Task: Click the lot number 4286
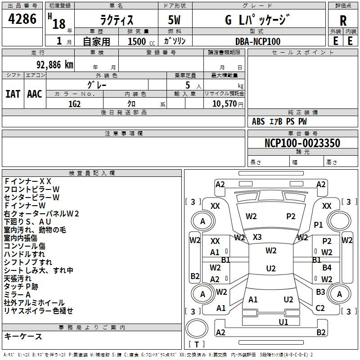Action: click(x=22, y=18)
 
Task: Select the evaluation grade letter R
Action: click(x=343, y=21)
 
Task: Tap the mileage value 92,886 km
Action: click(x=54, y=65)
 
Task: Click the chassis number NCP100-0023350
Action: click(x=302, y=143)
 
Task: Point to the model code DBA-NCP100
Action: click(x=258, y=41)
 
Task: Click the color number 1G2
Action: click(x=74, y=104)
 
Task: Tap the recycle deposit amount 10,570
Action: click(x=225, y=103)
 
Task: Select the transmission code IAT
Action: click(x=13, y=94)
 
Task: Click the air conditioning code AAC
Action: click(x=35, y=94)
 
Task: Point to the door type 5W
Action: click(x=174, y=20)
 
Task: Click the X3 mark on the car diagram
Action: click(x=257, y=237)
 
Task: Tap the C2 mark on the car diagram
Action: click(x=320, y=308)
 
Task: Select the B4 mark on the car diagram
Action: click(x=327, y=267)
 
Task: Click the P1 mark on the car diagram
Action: click(x=318, y=225)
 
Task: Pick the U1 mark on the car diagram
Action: click(x=283, y=322)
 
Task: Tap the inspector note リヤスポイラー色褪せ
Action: click(x=39, y=310)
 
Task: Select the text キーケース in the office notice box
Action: click(x=23, y=336)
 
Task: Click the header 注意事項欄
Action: click(x=124, y=133)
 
